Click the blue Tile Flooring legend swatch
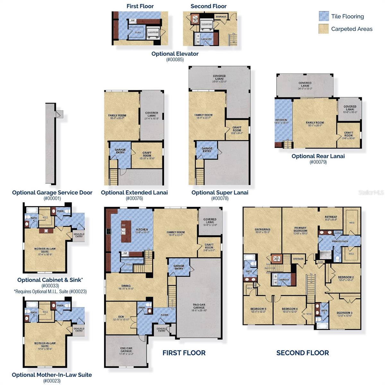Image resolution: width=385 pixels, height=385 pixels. [x=324, y=16]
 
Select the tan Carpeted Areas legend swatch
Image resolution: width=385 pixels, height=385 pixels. [x=324, y=29]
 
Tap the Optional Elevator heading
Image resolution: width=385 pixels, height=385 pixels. [x=175, y=54]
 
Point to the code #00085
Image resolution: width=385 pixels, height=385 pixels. [x=175, y=60]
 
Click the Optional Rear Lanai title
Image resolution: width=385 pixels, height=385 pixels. [x=318, y=156]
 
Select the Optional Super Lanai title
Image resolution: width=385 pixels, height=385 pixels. [x=220, y=193]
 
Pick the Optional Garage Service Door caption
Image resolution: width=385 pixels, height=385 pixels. [x=52, y=193]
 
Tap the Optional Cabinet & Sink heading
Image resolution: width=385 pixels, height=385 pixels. [x=50, y=280]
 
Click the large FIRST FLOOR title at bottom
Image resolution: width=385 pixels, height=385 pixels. [x=184, y=353]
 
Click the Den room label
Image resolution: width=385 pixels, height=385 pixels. [x=121, y=317]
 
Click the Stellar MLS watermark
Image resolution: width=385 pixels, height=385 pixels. [x=371, y=193]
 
